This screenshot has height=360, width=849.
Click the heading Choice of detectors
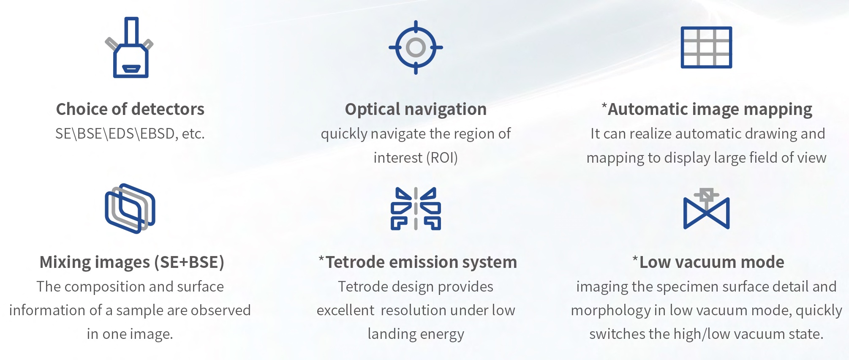tap(130, 109)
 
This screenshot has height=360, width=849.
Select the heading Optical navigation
tap(416, 109)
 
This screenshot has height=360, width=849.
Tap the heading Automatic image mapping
tap(710, 109)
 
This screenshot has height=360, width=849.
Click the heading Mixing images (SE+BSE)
tap(132, 262)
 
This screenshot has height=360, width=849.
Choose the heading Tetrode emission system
tap(421, 262)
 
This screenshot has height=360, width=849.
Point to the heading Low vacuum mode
tap(712, 262)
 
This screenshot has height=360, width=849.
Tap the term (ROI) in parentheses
tap(442, 158)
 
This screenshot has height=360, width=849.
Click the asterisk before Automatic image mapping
tap(604, 106)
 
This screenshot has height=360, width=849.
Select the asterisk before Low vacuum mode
tap(635, 259)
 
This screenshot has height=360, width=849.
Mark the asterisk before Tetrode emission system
tap(321, 259)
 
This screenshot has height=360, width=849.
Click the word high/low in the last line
tap(705, 334)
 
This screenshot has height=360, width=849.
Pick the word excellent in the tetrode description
tap(346, 311)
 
